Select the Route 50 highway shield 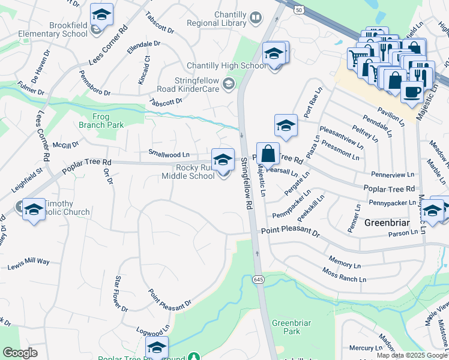pos(298,10)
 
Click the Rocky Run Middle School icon pos(223,160)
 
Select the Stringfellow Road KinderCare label pos(187,85)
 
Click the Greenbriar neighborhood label pos(388,223)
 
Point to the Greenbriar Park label pos(291,327)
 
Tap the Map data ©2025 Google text pos(412,355)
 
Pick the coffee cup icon pos(412,91)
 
